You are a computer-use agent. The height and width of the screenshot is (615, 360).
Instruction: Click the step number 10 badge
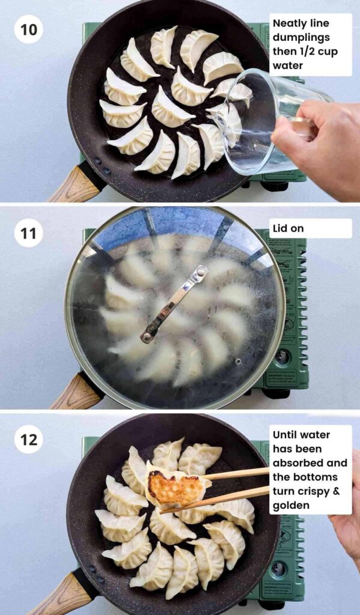(28, 29)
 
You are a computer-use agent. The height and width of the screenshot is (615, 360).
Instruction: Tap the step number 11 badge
(28, 233)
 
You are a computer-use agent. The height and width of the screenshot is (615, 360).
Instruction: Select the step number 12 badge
(28, 440)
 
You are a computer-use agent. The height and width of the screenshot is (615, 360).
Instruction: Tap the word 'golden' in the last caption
(291, 505)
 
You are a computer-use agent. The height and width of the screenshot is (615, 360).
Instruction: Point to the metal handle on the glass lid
(174, 303)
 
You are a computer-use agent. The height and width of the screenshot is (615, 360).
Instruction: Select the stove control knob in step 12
(278, 568)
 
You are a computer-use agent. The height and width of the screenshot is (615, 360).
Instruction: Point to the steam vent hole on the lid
(238, 362)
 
